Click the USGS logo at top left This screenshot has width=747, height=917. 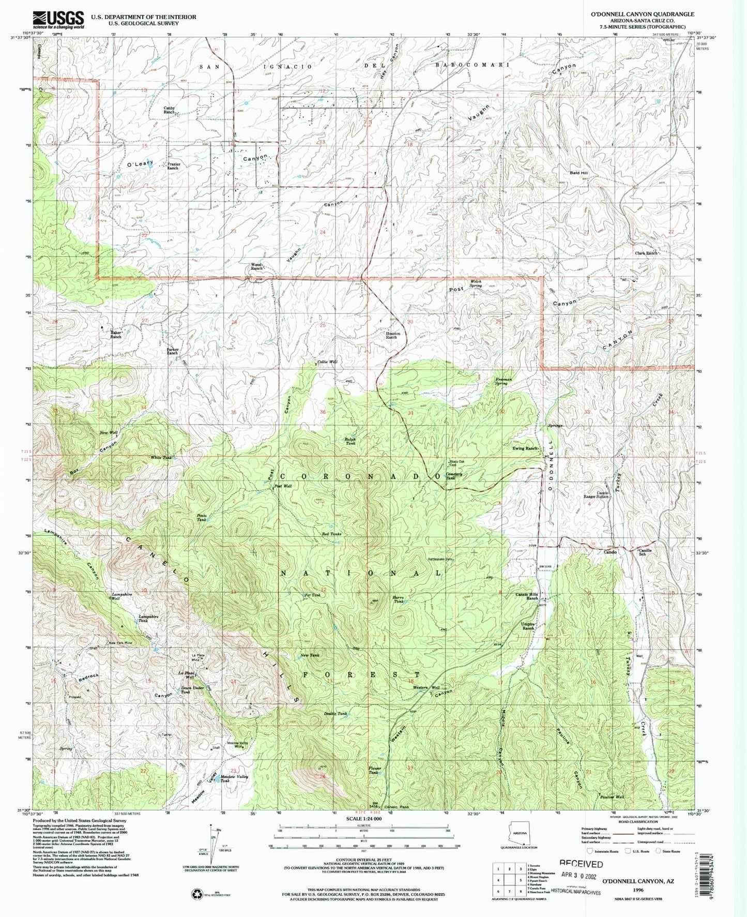click(x=58, y=20)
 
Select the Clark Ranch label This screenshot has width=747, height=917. click(x=646, y=253)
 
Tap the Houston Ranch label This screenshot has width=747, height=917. click(x=391, y=335)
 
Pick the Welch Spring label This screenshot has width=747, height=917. click(x=475, y=283)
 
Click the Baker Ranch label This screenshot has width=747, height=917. click(x=115, y=334)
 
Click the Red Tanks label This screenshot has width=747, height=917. click(x=331, y=534)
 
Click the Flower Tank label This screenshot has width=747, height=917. click(x=375, y=770)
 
